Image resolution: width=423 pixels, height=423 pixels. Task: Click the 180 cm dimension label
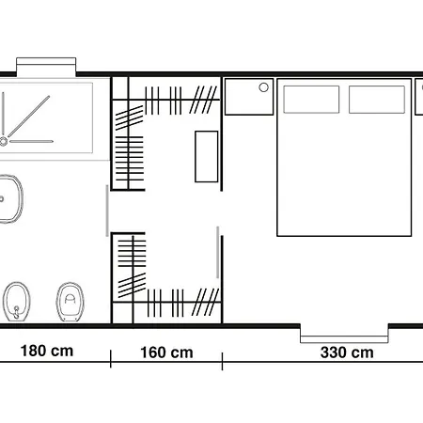[47, 351]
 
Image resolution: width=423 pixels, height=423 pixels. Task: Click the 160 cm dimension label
[166, 352]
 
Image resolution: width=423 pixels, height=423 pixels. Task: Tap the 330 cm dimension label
[347, 352]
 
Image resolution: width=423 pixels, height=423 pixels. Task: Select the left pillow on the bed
[311, 100]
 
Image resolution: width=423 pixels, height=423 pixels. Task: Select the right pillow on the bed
[377, 100]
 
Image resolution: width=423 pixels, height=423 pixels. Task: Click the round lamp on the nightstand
[264, 87]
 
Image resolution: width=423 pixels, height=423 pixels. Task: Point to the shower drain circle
[4, 142]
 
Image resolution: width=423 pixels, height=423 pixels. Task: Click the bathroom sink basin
[10, 199]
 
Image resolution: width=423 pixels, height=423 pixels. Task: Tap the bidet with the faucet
[17, 302]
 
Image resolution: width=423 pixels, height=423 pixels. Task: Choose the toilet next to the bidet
[70, 302]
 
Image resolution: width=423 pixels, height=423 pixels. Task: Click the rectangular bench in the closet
[207, 156]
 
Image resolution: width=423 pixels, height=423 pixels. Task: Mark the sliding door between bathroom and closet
[107, 211]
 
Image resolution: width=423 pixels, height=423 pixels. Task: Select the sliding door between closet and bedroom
[218, 252]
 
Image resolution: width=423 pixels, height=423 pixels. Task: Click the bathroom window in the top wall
[46, 67]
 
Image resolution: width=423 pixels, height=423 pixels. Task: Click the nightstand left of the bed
[249, 97]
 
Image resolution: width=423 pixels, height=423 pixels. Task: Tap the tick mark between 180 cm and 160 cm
[111, 359]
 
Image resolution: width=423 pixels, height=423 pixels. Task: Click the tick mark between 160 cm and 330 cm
[222, 361]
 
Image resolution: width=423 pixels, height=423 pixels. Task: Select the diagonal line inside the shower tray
[28, 117]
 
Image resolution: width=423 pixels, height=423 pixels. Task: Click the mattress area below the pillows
[344, 174]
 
